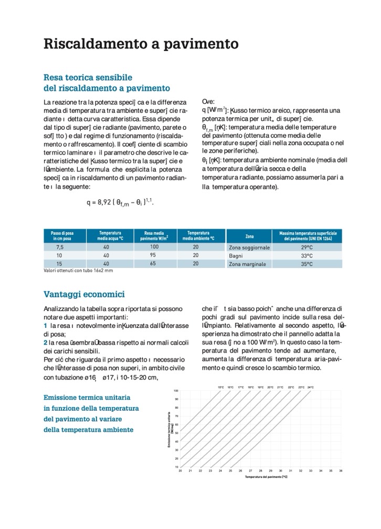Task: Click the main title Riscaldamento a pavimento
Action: coord(141,43)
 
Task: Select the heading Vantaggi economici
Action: coord(84,294)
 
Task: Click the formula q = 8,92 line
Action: coord(120,202)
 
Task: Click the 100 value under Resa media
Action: coord(154,247)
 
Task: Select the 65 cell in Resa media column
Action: coord(154,263)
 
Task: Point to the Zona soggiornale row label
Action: coord(249,247)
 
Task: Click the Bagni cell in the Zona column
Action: coord(236,256)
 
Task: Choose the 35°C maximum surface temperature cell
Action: coord(306,264)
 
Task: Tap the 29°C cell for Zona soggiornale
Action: coord(306,247)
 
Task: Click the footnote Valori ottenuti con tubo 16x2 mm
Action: coord(78,271)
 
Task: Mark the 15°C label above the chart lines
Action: coord(221,387)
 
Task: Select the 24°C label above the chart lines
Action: coord(311,387)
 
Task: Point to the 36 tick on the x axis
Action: coord(341,471)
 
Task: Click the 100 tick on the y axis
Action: coord(176,391)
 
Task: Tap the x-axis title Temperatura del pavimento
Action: coord(266,477)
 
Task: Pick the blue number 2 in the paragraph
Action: coord(46,343)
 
